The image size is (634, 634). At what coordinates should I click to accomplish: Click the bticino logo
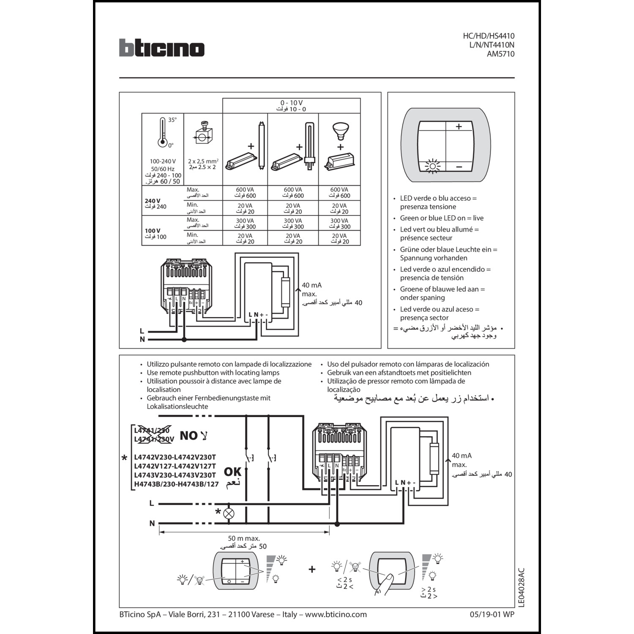[161, 48]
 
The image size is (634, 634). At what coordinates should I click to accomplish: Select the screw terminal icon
[203, 134]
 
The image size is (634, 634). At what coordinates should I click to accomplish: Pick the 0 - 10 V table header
[291, 103]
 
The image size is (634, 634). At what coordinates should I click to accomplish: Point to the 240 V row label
[153, 201]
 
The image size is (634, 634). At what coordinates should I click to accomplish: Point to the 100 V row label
[153, 231]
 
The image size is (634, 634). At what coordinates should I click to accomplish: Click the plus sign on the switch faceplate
[459, 126]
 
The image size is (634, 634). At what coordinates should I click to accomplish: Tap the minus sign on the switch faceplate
[459, 167]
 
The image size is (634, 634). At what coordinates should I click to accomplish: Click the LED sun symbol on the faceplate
[432, 166]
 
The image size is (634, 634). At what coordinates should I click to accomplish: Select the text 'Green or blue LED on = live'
[442, 218]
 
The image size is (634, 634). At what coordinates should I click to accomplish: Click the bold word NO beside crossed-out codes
[189, 435]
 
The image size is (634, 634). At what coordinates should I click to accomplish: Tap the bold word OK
[232, 471]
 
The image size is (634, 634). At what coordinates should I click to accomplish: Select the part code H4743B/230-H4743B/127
[176, 484]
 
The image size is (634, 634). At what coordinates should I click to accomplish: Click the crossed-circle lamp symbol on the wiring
[229, 514]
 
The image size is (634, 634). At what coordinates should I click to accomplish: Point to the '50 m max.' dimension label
[244, 538]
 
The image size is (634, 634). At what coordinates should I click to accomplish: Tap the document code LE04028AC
[521, 588]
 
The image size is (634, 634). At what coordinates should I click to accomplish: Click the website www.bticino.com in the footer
[336, 615]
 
